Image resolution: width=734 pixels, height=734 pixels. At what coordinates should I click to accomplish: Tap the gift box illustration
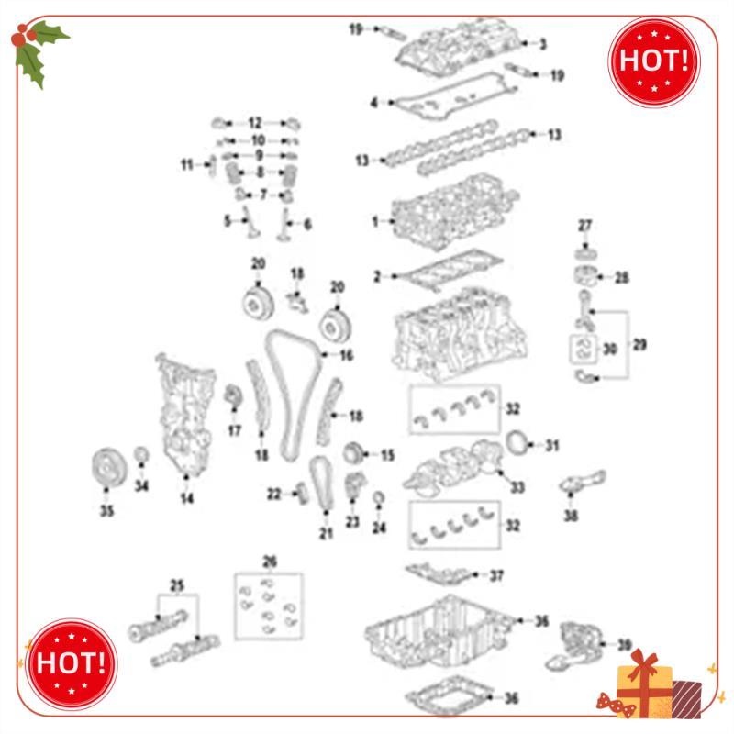pos(653,684)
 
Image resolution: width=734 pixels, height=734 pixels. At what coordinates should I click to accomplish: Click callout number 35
pos(106,512)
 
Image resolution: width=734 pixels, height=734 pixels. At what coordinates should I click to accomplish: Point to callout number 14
pos(187,499)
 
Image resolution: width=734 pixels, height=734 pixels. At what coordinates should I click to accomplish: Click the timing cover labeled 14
pos(186,413)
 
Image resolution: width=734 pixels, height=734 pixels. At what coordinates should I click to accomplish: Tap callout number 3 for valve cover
pos(542,43)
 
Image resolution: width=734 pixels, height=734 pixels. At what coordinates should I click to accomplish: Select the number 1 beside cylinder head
pos(375,221)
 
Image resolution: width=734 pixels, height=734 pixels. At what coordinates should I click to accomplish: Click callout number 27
pos(585,226)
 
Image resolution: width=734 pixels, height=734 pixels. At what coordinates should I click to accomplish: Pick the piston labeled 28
pos(584,277)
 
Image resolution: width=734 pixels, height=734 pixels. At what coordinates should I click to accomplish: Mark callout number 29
pos(639,345)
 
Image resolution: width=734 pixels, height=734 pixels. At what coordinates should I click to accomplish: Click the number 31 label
pos(550,446)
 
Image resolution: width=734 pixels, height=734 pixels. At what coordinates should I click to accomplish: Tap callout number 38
pos(572,517)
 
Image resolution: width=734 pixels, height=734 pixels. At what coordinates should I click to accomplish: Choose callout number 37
pos(496,576)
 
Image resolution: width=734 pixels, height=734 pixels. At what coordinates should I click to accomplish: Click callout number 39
pos(624,644)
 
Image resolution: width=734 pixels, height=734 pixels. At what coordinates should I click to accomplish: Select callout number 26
pos(269,562)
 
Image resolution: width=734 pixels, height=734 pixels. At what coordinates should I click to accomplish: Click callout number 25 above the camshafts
pos(177,584)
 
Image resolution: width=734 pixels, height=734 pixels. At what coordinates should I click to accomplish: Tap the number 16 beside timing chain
pos(346,355)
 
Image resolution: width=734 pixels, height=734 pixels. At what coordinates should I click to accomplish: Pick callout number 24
pos(379,528)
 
